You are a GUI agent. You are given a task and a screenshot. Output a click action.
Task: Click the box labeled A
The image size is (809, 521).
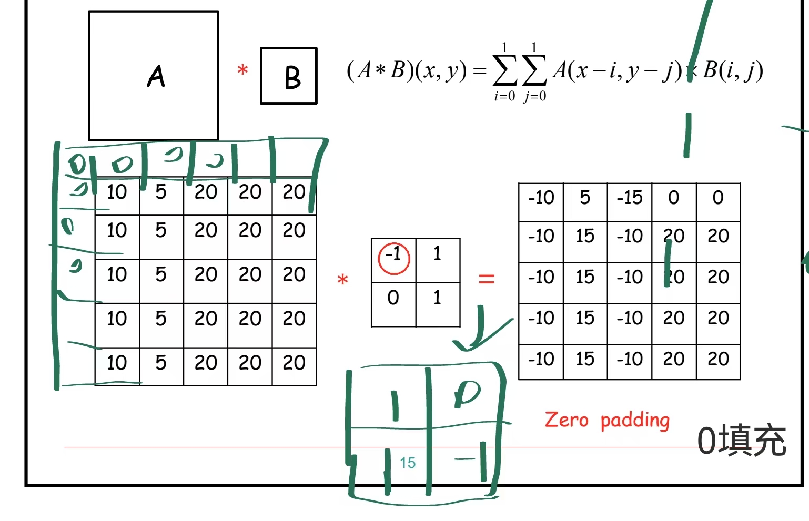pyautogui.click(x=154, y=76)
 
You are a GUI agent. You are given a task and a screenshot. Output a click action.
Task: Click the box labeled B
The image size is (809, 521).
pyautogui.click(x=289, y=76)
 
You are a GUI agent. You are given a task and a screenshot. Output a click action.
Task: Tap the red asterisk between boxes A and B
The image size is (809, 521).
pyautogui.click(x=242, y=70)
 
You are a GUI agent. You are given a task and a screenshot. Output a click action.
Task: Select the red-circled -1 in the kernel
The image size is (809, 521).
pyautogui.click(x=393, y=257)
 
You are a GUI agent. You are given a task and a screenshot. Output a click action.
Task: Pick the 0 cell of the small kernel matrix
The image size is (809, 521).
pyautogui.click(x=393, y=298)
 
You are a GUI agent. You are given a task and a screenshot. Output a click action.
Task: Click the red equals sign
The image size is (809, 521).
pyautogui.click(x=487, y=279)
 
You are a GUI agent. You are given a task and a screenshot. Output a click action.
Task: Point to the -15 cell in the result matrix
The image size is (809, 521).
pyautogui.click(x=630, y=198)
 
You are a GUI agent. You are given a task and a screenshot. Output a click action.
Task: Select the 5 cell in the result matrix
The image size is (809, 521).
pyautogui.click(x=585, y=198)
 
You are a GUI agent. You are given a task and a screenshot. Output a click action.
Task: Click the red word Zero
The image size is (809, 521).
pyautogui.click(x=566, y=420)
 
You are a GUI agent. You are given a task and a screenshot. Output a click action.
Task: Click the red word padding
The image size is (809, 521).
pyautogui.click(x=635, y=421)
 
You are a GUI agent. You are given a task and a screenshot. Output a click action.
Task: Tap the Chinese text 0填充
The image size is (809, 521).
pyautogui.click(x=742, y=441)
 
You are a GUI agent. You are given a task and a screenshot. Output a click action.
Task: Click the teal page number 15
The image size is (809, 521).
pyautogui.click(x=408, y=463)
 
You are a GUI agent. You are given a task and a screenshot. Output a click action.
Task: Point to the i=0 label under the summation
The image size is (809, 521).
pyautogui.click(x=504, y=96)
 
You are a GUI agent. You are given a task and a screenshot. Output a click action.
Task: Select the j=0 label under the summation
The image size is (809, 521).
pyautogui.click(x=534, y=96)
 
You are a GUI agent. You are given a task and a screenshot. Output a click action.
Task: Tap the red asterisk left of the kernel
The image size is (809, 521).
pyautogui.click(x=343, y=280)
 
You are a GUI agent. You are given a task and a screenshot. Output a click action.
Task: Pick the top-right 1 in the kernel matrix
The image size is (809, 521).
pyautogui.click(x=437, y=254)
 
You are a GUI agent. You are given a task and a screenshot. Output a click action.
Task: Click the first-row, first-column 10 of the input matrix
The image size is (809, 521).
pyautogui.click(x=117, y=192)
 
